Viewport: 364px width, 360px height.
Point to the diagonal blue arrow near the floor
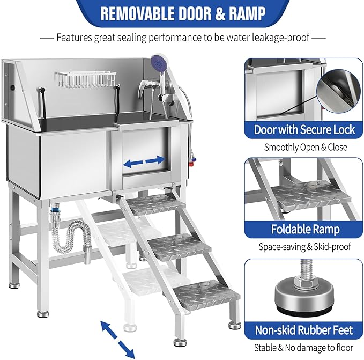point(118,337)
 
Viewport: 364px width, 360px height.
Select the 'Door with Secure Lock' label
point(304,129)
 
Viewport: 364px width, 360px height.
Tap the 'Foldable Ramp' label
point(304,230)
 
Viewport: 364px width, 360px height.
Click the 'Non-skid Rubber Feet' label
point(304,331)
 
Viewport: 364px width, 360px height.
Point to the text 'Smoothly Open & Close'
point(304,147)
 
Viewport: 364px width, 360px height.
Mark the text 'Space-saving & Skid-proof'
point(304,247)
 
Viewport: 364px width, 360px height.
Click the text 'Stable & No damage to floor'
point(304,348)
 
